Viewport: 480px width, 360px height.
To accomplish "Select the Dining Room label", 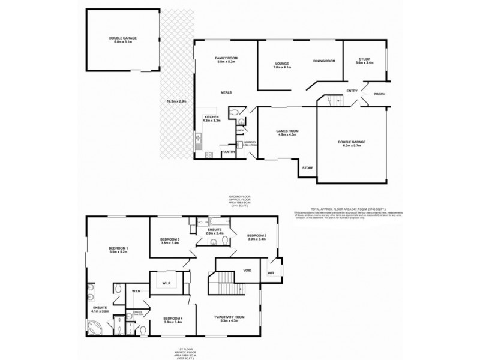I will click(324, 61).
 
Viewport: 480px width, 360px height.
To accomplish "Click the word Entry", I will click(352, 91).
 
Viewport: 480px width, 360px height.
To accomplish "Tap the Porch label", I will click(379, 94).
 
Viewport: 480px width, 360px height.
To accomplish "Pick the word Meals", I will click(226, 92).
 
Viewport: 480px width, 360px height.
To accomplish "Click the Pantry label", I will click(229, 152).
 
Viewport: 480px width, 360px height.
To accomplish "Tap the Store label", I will click(307, 167).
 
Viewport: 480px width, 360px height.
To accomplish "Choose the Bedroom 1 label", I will click(119, 250).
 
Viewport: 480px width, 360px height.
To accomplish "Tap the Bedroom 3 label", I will click(170, 241).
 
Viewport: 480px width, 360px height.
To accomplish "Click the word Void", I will click(247, 271).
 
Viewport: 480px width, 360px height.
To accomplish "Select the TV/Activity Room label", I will click(230, 319).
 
